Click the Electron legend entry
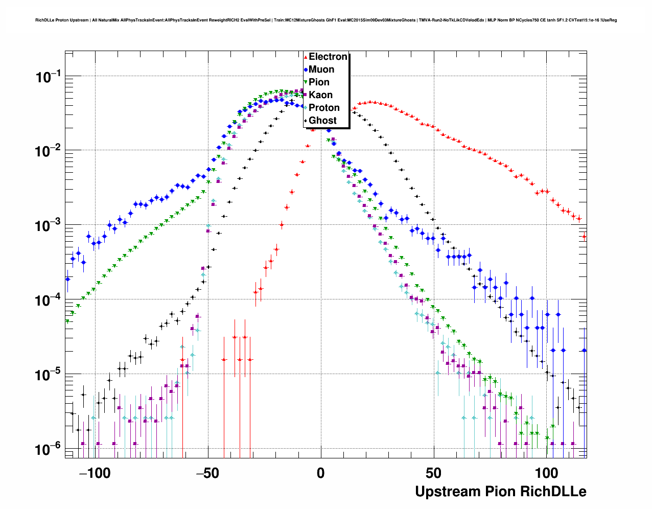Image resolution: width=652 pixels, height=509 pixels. (328, 57)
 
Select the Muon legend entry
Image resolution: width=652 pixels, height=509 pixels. (321, 70)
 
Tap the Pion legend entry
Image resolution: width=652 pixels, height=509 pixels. (319, 82)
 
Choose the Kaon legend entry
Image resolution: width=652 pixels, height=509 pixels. (320, 95)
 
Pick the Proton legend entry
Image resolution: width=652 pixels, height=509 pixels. (324, 108)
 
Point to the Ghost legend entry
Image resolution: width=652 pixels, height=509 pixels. (322, 121)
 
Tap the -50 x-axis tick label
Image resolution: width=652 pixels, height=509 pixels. (207, 473)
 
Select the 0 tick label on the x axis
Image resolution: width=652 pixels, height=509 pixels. (320, 473)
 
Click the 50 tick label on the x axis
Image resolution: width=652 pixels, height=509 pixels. (434, 473)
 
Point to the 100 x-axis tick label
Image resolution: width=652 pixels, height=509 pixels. (547, 473)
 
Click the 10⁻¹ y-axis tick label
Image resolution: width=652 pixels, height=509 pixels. (49, 77)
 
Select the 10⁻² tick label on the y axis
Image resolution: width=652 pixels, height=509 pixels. (49, 152)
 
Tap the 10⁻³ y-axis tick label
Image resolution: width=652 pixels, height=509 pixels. (49, 226)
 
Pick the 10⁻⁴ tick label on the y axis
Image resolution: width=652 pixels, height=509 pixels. (49, 301)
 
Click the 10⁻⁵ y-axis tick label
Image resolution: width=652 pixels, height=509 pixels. (49, 376)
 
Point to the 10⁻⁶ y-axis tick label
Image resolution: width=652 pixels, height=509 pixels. (49, 450)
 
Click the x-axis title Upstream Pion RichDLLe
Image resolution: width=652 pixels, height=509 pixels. (500, 492)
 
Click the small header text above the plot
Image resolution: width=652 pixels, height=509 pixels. (326, 20)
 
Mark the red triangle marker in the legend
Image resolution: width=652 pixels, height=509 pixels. (306, 57)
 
